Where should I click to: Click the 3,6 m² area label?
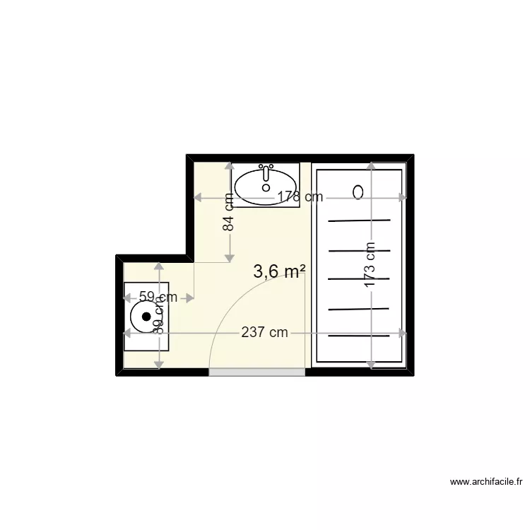click(280, 272)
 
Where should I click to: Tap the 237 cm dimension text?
click(264, 333)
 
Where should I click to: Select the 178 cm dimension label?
click(300, 197)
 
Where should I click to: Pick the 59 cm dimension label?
click(158, 298)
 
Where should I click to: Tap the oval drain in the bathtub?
click(358, 192)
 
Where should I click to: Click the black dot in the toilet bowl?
click(147, 317)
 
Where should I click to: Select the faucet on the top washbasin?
click(266, 172)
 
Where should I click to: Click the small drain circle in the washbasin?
click(266, 188)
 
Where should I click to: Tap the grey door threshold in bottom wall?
click(257, 372)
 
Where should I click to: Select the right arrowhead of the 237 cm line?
click(403, 333)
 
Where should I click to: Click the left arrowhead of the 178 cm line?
click(198, 197)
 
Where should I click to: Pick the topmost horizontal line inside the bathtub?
click(359, 220)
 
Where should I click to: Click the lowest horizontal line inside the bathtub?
click(359, 336)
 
